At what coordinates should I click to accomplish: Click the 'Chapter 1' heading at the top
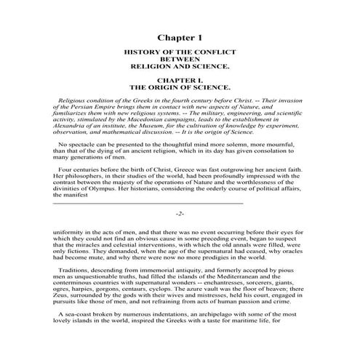pos(180,36)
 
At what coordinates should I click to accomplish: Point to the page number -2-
pos(180,215)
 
